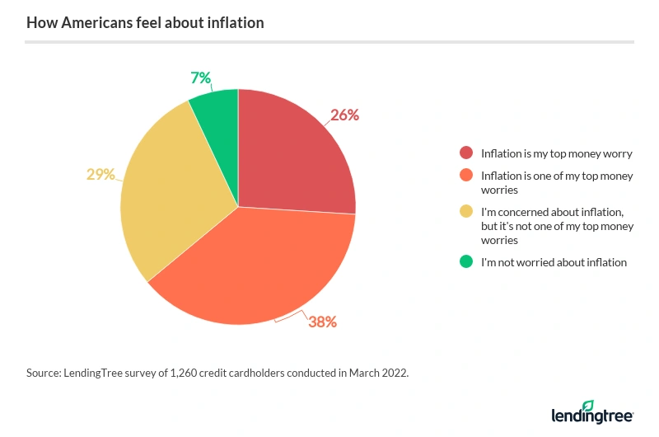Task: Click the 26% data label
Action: pyautogui.click(x=345, y=115)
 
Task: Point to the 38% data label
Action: pyautogui.click(x=322, y=322)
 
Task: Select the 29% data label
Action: pyautogui.click(x=100, y=174)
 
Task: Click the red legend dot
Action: pyautogui.click(x=466, y=153)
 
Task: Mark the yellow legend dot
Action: pyautogui.click(x=466, y=212)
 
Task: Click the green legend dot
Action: pyautogui.click(x=466, y=262)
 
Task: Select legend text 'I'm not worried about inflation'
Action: pyautogui.click(x=554, y=262)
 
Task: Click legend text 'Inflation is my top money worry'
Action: pyautogui.click(x=557, y=153)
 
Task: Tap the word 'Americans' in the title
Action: pyautogui.click(x=91, y=22)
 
